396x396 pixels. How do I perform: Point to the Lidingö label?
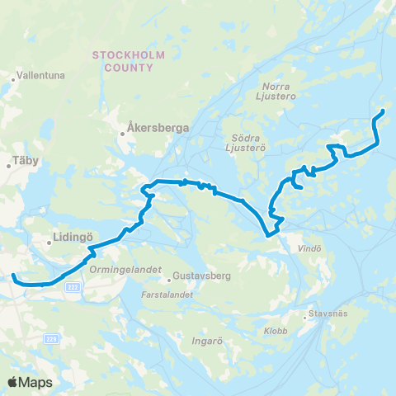[72, 234]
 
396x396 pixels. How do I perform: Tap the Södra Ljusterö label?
[244, 142]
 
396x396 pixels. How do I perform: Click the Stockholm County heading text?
[129, 61]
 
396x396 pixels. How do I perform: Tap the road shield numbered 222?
[72, 285]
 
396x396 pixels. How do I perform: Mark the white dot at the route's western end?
[13, 276]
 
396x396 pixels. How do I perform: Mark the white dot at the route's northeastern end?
[384, 111]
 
